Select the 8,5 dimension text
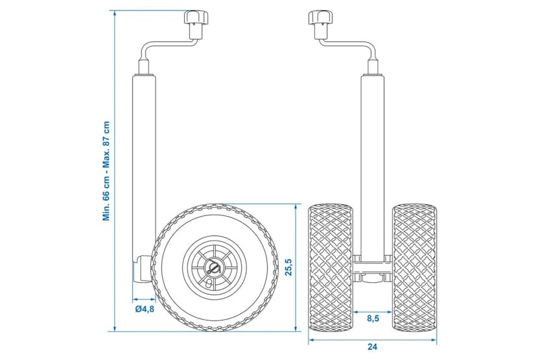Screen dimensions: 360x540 coord(373,318)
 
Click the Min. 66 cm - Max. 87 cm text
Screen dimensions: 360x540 coord(106,171)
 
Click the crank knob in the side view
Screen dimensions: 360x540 coord(194,19)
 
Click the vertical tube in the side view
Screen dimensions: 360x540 coord(145,162)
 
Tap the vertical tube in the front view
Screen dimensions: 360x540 coord(373,162)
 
